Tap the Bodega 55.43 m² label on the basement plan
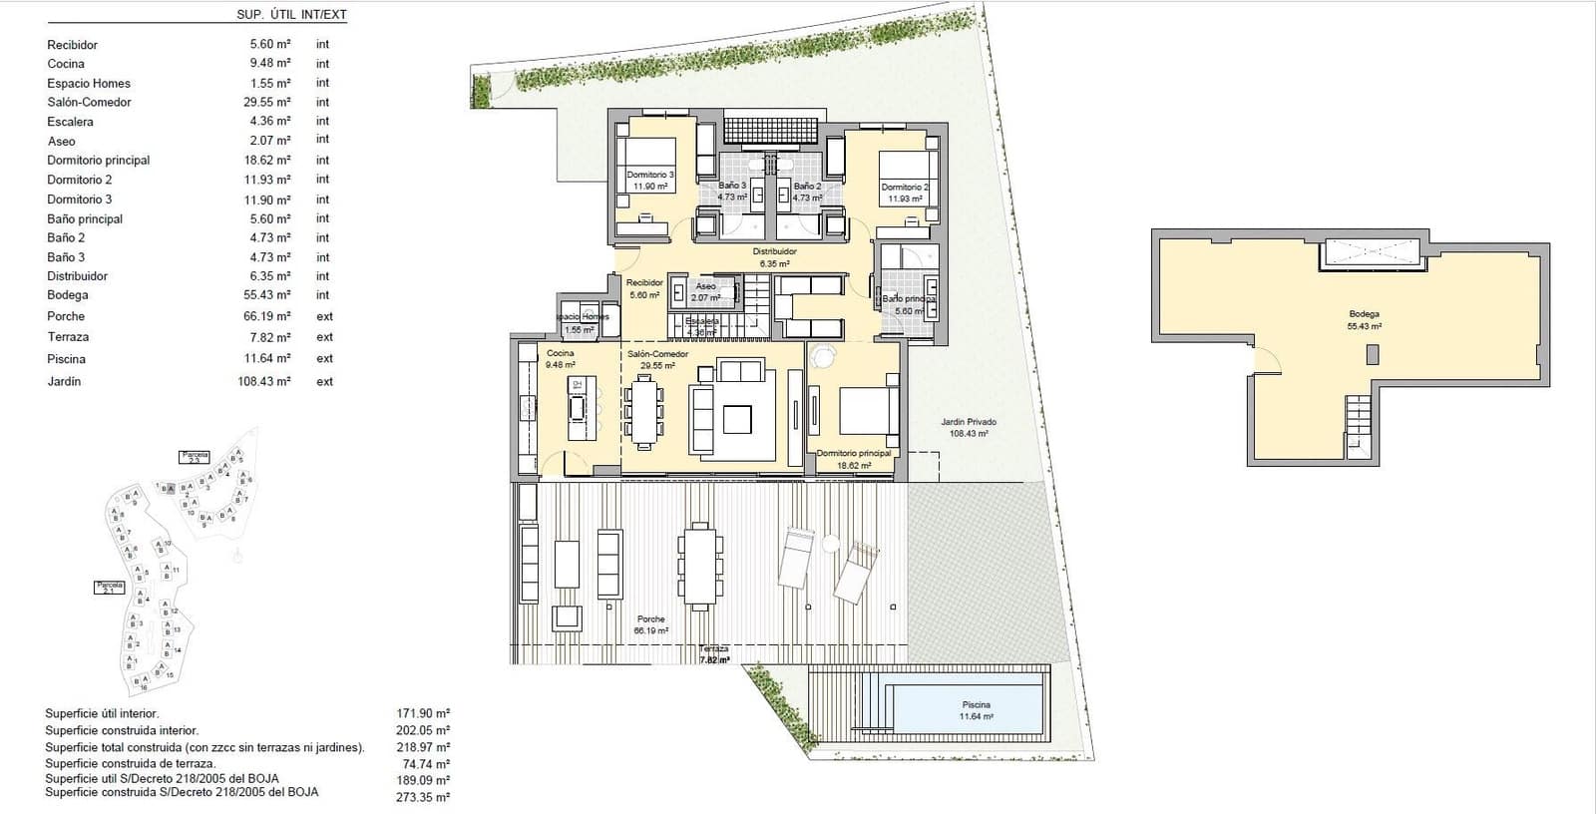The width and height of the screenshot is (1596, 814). [1364, 319]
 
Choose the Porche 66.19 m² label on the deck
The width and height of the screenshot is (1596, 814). [651, 624]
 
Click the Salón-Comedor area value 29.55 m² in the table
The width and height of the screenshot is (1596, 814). [269, 102]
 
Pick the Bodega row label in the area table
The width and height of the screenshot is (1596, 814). [68, 295]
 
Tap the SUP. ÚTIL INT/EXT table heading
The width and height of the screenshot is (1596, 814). [291, 15]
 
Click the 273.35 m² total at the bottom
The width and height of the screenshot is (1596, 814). [423, 797]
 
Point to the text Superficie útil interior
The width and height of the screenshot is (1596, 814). [102, 713]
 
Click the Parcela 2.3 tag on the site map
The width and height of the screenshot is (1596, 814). [195, 457]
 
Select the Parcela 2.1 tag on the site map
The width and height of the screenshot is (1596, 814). [109, 588]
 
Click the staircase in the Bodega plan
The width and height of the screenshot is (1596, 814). [1359, 423]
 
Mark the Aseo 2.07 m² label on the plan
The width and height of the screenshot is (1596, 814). [705, 291]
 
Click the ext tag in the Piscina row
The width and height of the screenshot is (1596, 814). [324, 358]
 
